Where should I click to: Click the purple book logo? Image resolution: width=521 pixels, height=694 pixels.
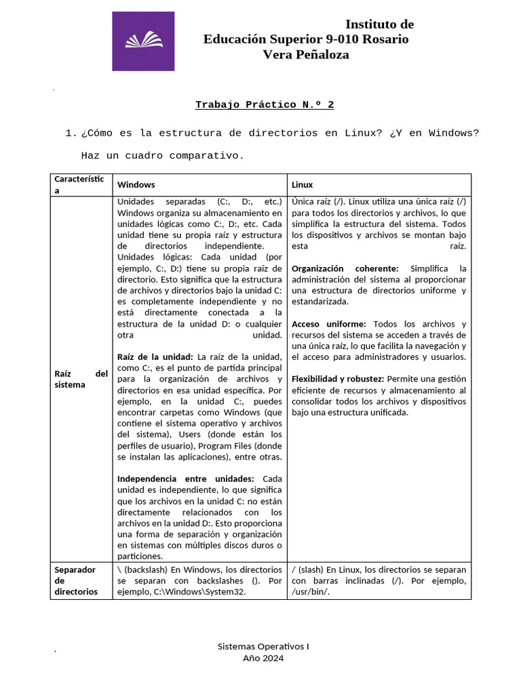tap(143, 41)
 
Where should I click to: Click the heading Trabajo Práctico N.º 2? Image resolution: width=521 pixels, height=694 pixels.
tap(265, 104)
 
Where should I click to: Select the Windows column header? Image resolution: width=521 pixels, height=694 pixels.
tap(136, 184)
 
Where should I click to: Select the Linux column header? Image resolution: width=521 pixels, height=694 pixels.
tap(302, 184)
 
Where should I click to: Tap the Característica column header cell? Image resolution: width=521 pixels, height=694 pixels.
tap(79, 184)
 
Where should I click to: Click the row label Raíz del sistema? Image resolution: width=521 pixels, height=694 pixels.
tap(81, 379)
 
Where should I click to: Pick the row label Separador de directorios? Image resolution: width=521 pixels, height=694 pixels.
tap(75, 580)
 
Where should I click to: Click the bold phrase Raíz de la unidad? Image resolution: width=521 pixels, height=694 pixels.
tap(155, 356)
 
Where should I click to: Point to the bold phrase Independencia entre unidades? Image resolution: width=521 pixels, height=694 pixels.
tap(186, 478)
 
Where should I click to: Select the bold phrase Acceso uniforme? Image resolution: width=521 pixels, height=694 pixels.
tap(328, 324)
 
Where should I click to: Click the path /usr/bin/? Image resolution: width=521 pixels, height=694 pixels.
tap(310, 592)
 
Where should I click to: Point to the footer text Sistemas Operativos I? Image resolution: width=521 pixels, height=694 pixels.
tap(263, 647)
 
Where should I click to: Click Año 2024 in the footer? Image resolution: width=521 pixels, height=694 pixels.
tap(263, 658)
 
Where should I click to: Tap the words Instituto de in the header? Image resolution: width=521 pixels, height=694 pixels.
tap(379, 24)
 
